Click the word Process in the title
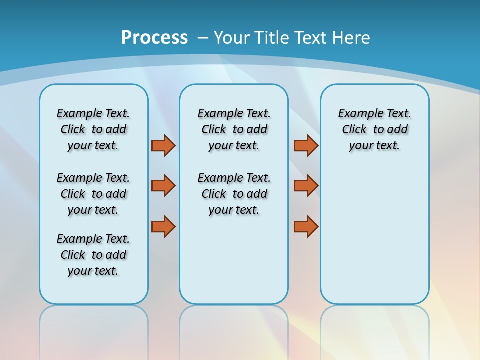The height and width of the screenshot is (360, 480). coord(154,38)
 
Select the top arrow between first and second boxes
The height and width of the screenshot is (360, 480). coord(163,145)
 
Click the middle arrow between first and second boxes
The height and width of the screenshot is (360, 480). coord(163,186)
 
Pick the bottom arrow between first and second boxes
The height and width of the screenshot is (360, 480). coord(163,227)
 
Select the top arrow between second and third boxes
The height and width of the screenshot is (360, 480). coord(306,145)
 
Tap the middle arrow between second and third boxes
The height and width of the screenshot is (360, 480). coord(306,186)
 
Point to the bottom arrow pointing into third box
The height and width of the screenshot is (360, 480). coord(306,227)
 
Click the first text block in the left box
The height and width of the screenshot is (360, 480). coord(93,129)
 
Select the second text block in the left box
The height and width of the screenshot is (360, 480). coord(93,194)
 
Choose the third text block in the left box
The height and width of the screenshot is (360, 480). coord(93,255)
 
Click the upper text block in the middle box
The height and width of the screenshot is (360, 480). coord(234,129)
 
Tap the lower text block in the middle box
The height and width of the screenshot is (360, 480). coord(234,194)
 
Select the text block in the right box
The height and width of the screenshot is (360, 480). coord(374,129)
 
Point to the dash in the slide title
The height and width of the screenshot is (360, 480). coord(203,38)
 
